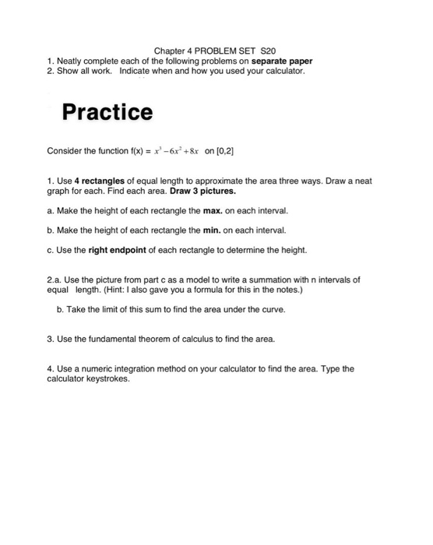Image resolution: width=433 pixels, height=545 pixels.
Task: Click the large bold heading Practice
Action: [x=107, y=113]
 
